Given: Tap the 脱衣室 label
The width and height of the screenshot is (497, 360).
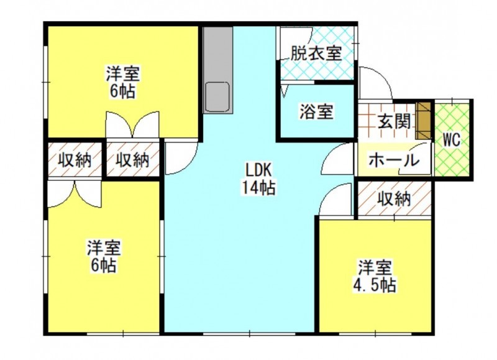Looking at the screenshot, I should point(316,53).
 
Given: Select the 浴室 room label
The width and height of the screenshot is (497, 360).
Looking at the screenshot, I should point(316,113).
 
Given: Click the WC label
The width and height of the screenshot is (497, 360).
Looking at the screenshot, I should point(452,140).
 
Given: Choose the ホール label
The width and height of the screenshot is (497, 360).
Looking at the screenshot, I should point(394,160).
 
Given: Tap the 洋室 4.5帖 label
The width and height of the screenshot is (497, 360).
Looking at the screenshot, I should point(376,277).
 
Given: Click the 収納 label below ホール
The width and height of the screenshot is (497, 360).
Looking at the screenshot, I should point(394,199).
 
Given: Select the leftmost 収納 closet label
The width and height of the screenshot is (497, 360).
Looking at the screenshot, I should point(75,160).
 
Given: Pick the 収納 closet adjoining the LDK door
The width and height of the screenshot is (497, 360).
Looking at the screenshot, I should point(132,160).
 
